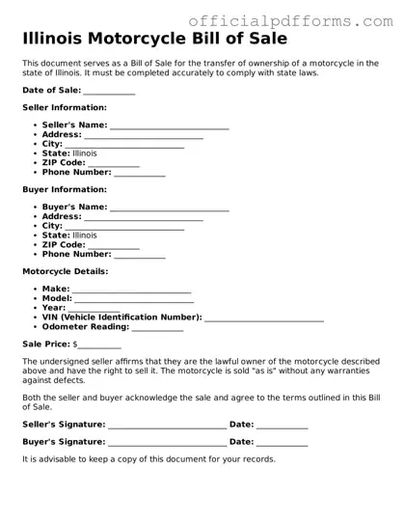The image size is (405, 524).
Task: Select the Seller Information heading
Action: [x=64, y=107]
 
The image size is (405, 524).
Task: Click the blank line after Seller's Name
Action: [x=170, y=126]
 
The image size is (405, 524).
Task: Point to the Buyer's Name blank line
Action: [x=170, y=207]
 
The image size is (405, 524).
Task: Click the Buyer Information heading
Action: [x=64, y=189]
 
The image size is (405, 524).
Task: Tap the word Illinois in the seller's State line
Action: [x=85, y=153]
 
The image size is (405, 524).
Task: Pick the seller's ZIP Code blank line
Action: [x=114, y=164]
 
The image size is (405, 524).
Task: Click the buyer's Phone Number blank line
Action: [x=140, y=255]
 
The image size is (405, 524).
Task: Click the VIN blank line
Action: [x=264, y=317]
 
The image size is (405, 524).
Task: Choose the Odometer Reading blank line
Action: [x=157, y=328]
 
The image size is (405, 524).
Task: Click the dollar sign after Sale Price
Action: [x=75, y=344]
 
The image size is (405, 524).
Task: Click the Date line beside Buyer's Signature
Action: [x=283, y=442]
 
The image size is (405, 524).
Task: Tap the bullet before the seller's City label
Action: [x=36, y=144]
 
